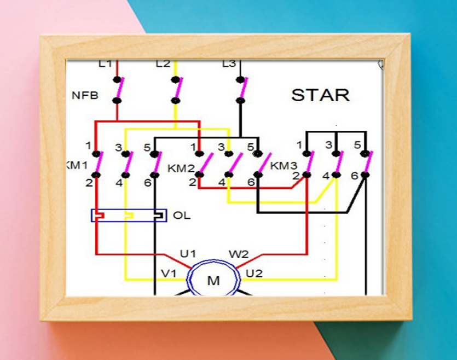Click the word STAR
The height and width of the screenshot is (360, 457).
[320, 95]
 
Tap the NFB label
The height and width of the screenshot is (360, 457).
[85, 95]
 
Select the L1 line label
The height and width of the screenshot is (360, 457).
[105, 63]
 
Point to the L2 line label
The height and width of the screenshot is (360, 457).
[163, 63]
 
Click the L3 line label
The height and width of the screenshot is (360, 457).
[229, 63]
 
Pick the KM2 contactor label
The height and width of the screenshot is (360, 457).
[181, 168]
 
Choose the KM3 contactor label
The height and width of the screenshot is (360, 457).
[284, 165]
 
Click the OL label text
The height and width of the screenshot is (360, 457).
[182, 215]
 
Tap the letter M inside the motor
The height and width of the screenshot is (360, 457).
[213, 281]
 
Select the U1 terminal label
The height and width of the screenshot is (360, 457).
[188, 254]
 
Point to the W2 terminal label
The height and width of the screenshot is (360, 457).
[239, 254]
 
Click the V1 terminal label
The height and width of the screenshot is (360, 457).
[169, 273]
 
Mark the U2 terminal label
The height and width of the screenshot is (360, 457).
[254, 273]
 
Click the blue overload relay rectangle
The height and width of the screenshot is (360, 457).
[129, 210]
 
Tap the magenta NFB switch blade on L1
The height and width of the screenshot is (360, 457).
[120, 88]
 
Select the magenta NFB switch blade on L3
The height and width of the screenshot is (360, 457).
[244, 88]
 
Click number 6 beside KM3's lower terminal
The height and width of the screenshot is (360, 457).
[355, 176]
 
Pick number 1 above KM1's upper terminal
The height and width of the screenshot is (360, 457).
[89, 146]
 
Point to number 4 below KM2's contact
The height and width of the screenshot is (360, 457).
[222, 182]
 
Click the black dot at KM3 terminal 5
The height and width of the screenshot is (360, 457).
[365, 154]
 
